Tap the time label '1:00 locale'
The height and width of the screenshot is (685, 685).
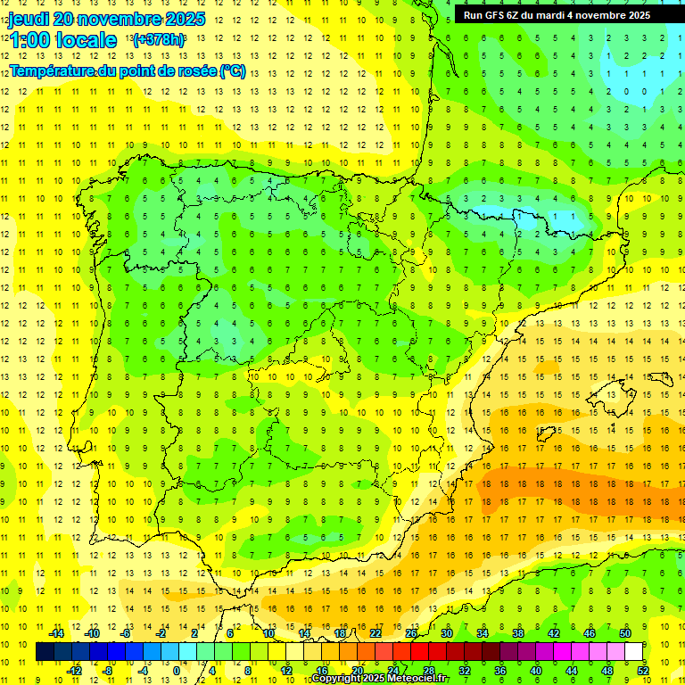pos(63,40)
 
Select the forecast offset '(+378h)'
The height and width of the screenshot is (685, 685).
pos(159,40)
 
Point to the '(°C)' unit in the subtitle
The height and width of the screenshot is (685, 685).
pos(233,71)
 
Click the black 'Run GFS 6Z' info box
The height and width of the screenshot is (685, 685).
pos(569,15)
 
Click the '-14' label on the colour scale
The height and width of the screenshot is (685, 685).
pos(55,633)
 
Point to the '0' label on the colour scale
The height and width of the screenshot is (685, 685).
pos(177,671)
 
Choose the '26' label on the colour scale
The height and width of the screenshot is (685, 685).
pos(411,633)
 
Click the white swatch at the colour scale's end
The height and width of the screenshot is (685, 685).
pos(634,652)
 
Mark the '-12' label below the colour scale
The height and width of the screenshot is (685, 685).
pos(75,671)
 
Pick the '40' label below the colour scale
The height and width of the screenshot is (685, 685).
pos(536,671)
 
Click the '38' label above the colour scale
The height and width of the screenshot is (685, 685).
pos(518,633)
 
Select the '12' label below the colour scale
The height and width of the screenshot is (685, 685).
pos(286,671)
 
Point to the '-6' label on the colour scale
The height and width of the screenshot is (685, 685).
pos(127,633)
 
